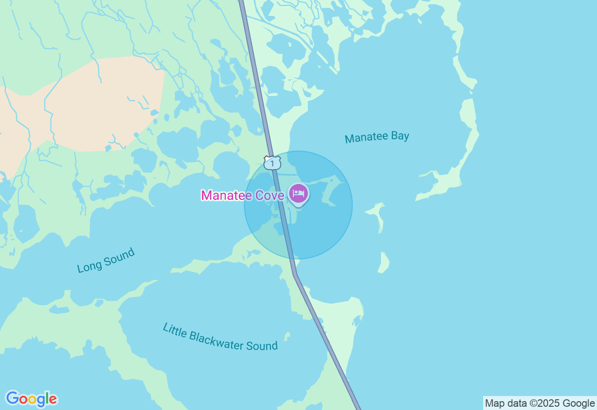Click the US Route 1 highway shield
pos(272,163)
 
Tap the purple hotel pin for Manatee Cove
pos(298,194)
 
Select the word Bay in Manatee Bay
pos(400,136)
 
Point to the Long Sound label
pos(106,260)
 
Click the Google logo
pos(31,399)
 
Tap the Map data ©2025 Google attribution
pos(540,403)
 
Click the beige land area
pos(103,107)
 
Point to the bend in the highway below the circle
pos(295,274)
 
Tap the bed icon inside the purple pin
pos(298,192)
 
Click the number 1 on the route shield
pos(272,164)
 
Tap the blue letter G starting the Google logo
pos(12,398)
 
